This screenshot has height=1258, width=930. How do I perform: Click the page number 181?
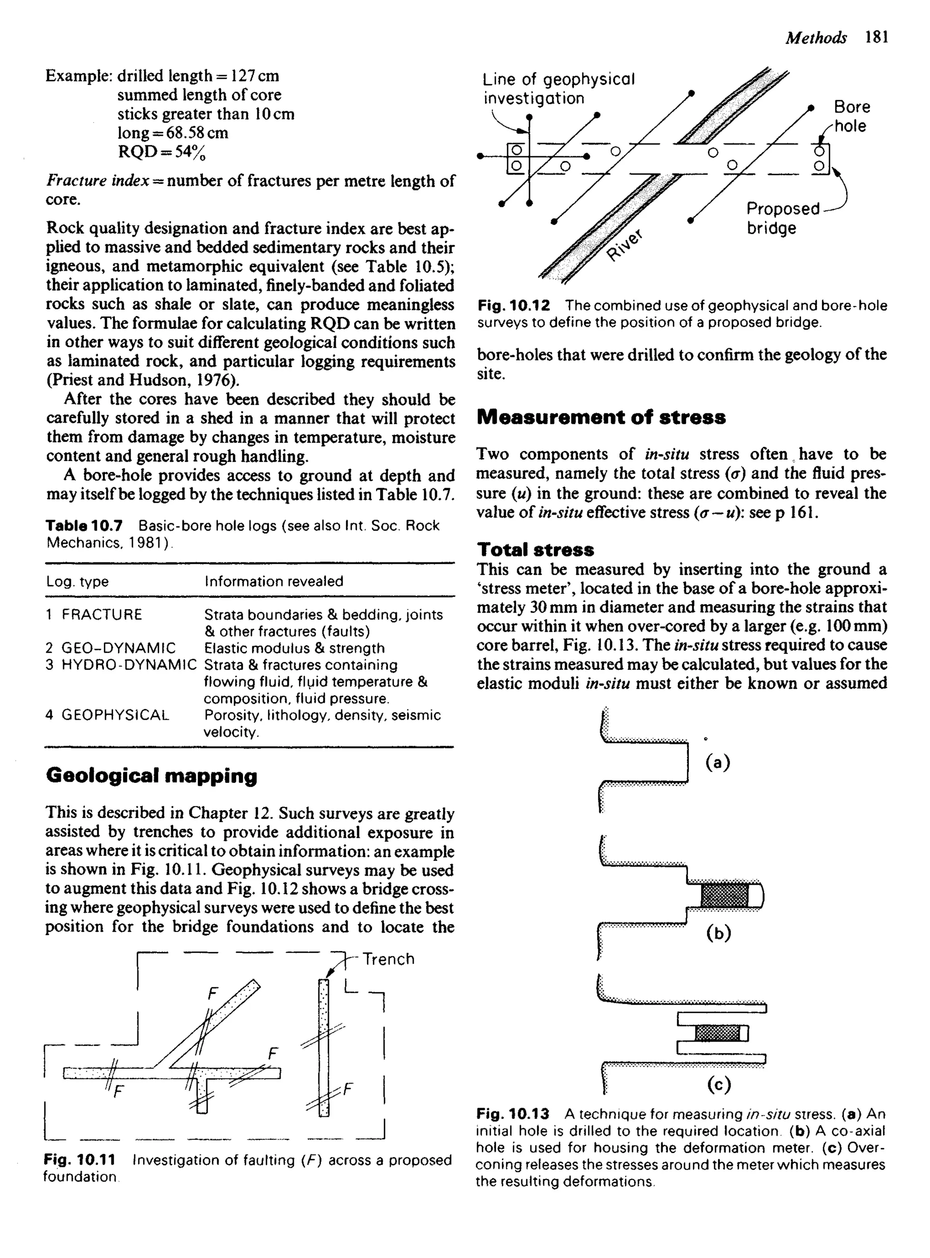coord(877,37)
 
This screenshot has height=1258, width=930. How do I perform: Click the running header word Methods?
coord(815,38)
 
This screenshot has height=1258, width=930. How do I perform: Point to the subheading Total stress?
coord(535,550)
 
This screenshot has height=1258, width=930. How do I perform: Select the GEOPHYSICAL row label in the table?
coord(115,715)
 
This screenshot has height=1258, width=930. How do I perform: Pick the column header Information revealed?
coord(273,581)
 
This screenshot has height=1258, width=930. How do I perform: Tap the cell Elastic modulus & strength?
coord(294,649)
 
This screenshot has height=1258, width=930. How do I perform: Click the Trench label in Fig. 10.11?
coord(388,959)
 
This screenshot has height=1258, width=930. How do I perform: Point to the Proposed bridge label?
coord(782,218)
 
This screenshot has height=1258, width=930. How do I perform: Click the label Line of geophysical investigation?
coord(559,89)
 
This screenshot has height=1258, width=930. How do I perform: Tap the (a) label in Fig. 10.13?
coord(718,762)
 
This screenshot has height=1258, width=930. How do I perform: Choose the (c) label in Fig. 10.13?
coord(719,1084)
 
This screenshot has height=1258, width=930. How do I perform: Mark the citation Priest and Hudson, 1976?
coord(141,380)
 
